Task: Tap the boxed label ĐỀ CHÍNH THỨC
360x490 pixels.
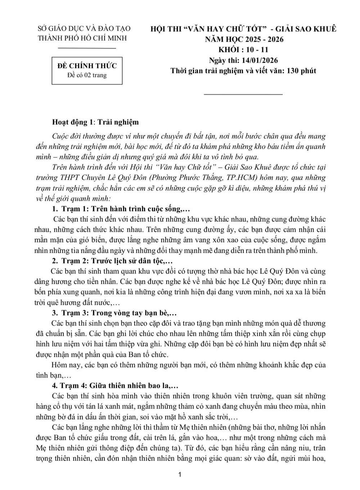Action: point(87,66)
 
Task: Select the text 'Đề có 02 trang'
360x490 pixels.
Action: point(87,75)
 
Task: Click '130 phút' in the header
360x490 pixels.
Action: point(302,71)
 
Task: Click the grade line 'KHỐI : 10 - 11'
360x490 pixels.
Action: point(243,50)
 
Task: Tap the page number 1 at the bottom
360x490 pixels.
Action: point(180,475)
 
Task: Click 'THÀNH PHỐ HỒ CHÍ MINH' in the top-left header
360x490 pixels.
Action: point(82,38)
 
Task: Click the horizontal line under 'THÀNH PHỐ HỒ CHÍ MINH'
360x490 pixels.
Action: point(87,48)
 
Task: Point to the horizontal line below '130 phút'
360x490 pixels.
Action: point(243,95)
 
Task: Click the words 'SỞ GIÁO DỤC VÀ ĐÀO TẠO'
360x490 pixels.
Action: point(84,28)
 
